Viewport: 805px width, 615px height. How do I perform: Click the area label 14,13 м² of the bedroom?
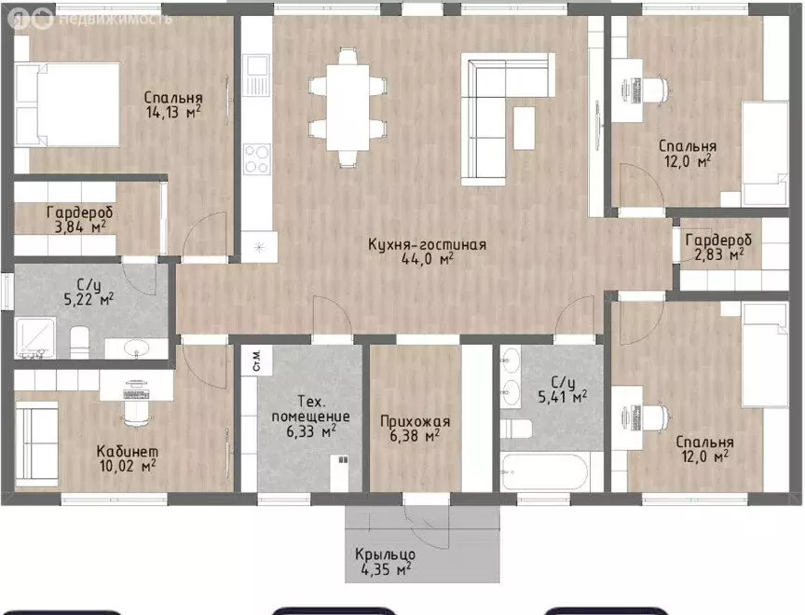point(173,113)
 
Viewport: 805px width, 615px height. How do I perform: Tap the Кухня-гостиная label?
point(427,244)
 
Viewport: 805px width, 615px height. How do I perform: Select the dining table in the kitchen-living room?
point(348,107)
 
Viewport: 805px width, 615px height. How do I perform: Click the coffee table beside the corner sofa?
point(525,128)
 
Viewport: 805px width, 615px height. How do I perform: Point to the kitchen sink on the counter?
point(257,75)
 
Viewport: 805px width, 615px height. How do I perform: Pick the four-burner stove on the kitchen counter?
point(257,158)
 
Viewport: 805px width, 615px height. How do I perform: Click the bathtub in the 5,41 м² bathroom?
point(544,471)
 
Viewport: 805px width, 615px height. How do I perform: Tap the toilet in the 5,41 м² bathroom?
point(516,429)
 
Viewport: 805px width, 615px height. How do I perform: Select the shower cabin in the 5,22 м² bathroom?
point(35,338)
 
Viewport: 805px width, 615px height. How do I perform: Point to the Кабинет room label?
point(128,451)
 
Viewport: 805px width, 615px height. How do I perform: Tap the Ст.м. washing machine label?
point(257,361)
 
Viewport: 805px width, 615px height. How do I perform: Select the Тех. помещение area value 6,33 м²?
point(311,431)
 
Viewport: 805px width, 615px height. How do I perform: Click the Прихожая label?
point(415,421)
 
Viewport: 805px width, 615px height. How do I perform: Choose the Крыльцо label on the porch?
point(385,554)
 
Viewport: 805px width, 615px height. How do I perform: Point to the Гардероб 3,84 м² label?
point(79,219)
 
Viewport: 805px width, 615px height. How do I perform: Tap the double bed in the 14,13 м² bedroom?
point(67,104)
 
